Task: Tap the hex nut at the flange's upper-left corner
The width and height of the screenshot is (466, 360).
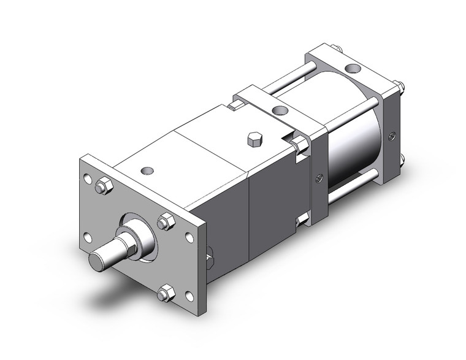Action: [104, 185]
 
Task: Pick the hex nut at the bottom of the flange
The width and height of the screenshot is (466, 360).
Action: [164, 294]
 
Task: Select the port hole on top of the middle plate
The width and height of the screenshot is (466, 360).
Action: [280, 112]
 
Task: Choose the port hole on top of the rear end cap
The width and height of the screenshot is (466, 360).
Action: [353, 69]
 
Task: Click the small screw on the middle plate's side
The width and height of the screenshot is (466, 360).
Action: [318, 178]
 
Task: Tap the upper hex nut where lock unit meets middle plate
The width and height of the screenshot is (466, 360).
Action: [300, 145]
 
